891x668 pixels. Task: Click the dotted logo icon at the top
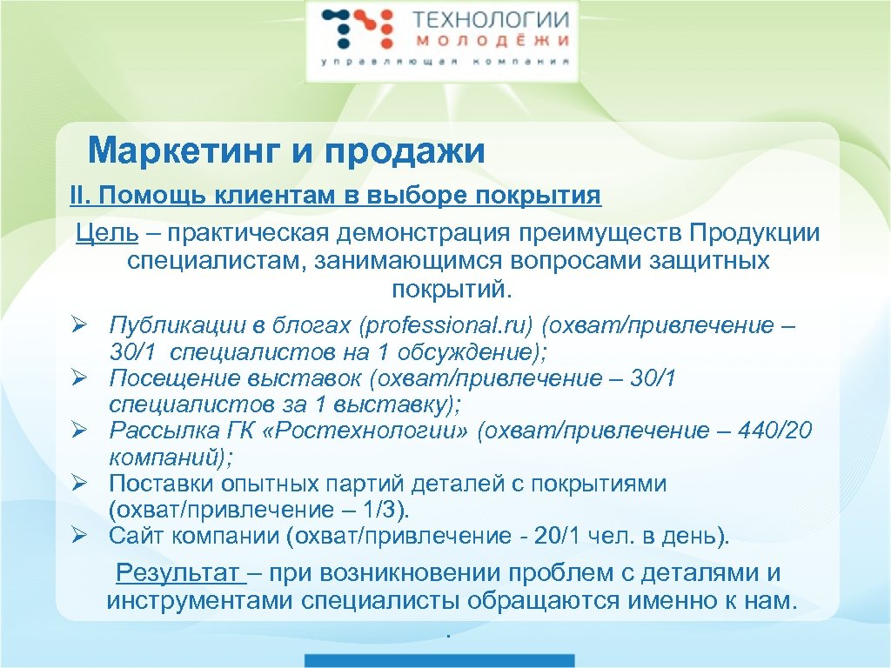point(352,30)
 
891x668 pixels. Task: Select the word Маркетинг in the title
point(184,151)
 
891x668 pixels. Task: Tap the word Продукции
point(754,233)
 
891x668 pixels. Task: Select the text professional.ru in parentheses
point(444,326)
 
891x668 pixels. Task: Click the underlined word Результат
point(178,573)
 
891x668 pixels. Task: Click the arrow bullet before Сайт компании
point(77,535)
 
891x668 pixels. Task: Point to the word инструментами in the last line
point(201,600)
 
